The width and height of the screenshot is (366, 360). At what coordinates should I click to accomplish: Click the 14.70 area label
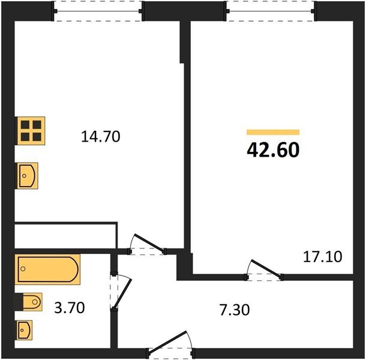pyautogui.click(x=101, y=137)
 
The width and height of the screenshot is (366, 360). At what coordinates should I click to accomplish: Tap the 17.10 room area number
pyautogui.click(x=322, y=257)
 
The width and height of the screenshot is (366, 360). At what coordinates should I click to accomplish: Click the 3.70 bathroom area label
pyautogui.click(x=70, y=308)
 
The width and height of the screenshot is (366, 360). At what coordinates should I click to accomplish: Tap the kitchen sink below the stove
pyautogui.click(x=27, y=175)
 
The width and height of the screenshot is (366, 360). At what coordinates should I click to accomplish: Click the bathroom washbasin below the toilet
pyautogui.click(x=25, y=329)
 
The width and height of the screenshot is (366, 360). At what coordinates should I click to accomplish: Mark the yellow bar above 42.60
pyautogui.click(x=273, y=132)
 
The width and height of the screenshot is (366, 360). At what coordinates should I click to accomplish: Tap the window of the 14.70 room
pyautogui.click(x=99, y=11)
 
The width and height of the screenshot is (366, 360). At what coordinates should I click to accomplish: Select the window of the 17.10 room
pyautogui.click(x=271, y=11)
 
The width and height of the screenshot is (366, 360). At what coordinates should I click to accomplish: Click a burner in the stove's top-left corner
pyautogui.click(x=24, y=125)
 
